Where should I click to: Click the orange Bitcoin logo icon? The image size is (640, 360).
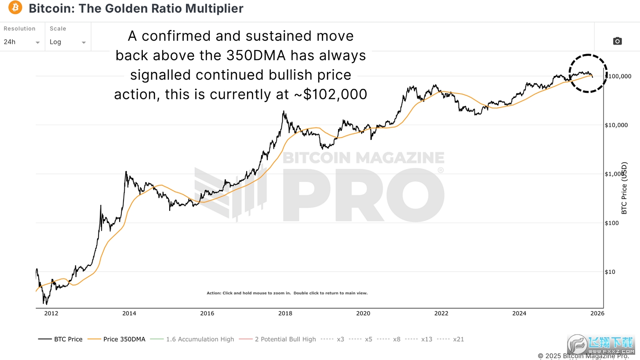pyautogui.click(x=15, y=7)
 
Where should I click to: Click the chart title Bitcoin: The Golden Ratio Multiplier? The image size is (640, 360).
pyautogui.click(x=136, y=8)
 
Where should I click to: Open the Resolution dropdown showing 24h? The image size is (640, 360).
pyautogui.click(x=22, y=42)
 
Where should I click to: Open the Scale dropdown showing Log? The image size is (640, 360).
pyautogui.click(x=68, y=42)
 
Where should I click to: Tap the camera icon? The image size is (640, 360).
pyautogui.click(x=617, y=41)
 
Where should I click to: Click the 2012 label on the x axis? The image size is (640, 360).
pyautogui.click(x=51, y=313)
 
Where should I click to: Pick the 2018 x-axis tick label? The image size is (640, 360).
pyautogui.click(x=285, y=313)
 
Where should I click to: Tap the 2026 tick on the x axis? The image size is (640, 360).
pyautogui.click(x=597, y=313)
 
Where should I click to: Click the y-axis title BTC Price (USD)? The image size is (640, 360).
pyautogui.click(x=624, y=188)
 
